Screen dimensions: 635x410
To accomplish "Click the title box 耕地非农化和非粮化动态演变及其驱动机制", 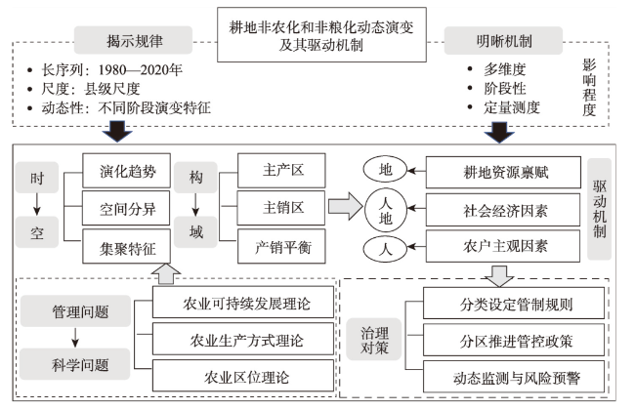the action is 321,35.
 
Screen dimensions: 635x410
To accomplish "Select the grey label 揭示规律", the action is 133,40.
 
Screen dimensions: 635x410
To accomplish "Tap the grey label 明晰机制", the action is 503,40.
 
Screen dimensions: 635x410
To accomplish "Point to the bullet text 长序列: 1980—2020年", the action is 111,70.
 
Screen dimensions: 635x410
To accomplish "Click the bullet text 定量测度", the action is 512,107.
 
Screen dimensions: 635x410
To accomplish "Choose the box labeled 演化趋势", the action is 126,171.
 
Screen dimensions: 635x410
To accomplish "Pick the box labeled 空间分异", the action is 126,208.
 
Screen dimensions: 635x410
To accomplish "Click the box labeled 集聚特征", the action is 126,246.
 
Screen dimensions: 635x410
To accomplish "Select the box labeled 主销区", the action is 281,208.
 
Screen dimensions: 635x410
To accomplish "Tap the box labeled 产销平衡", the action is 281,246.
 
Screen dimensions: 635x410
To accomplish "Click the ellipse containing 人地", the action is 385,210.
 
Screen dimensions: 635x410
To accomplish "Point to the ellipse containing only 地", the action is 385,169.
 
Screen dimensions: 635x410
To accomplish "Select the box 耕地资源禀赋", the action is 503,173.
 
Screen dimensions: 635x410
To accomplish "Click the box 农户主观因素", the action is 503,246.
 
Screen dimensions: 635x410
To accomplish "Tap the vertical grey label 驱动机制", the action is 600,209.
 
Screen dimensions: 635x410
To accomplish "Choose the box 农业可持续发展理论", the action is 243,303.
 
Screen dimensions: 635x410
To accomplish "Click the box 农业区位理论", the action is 243,376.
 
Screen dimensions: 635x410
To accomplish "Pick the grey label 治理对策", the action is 374,339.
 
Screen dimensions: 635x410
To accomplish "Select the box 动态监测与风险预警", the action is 514,377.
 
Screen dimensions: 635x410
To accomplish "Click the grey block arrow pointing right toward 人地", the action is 345,206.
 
